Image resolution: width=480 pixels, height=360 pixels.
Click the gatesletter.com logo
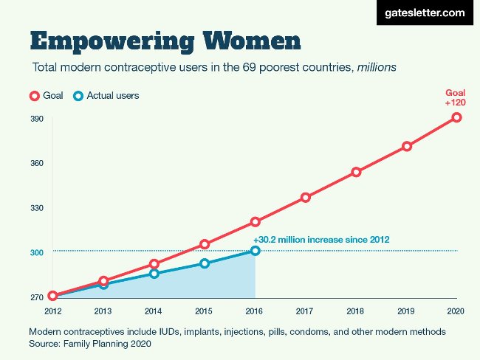tap(425, 13)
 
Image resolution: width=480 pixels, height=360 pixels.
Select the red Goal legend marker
tap(34, 96)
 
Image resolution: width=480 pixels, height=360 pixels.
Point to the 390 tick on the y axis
tap(37, 119)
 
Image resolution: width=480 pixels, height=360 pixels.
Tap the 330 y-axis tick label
tap(37, 208)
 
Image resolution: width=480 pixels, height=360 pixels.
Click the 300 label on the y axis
tap(37, 253)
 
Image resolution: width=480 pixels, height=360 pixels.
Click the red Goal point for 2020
tap(457, 117)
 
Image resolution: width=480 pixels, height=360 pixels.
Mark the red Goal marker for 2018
tap(356, 172)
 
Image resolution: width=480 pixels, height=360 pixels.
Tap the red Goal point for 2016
tap(255, 221)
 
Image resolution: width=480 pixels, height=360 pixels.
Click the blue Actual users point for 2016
tap(255, 251)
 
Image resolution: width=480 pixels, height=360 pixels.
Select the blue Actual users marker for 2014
tap(154, 274)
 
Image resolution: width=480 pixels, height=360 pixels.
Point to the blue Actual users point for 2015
tap(205, 263)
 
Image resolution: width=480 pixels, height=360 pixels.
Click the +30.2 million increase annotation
tap(320, 240)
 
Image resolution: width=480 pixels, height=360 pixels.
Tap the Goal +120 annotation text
tap(455, 97)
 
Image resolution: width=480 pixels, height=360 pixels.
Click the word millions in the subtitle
tap(377, 67)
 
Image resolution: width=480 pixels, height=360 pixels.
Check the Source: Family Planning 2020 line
tap(90, 344)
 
